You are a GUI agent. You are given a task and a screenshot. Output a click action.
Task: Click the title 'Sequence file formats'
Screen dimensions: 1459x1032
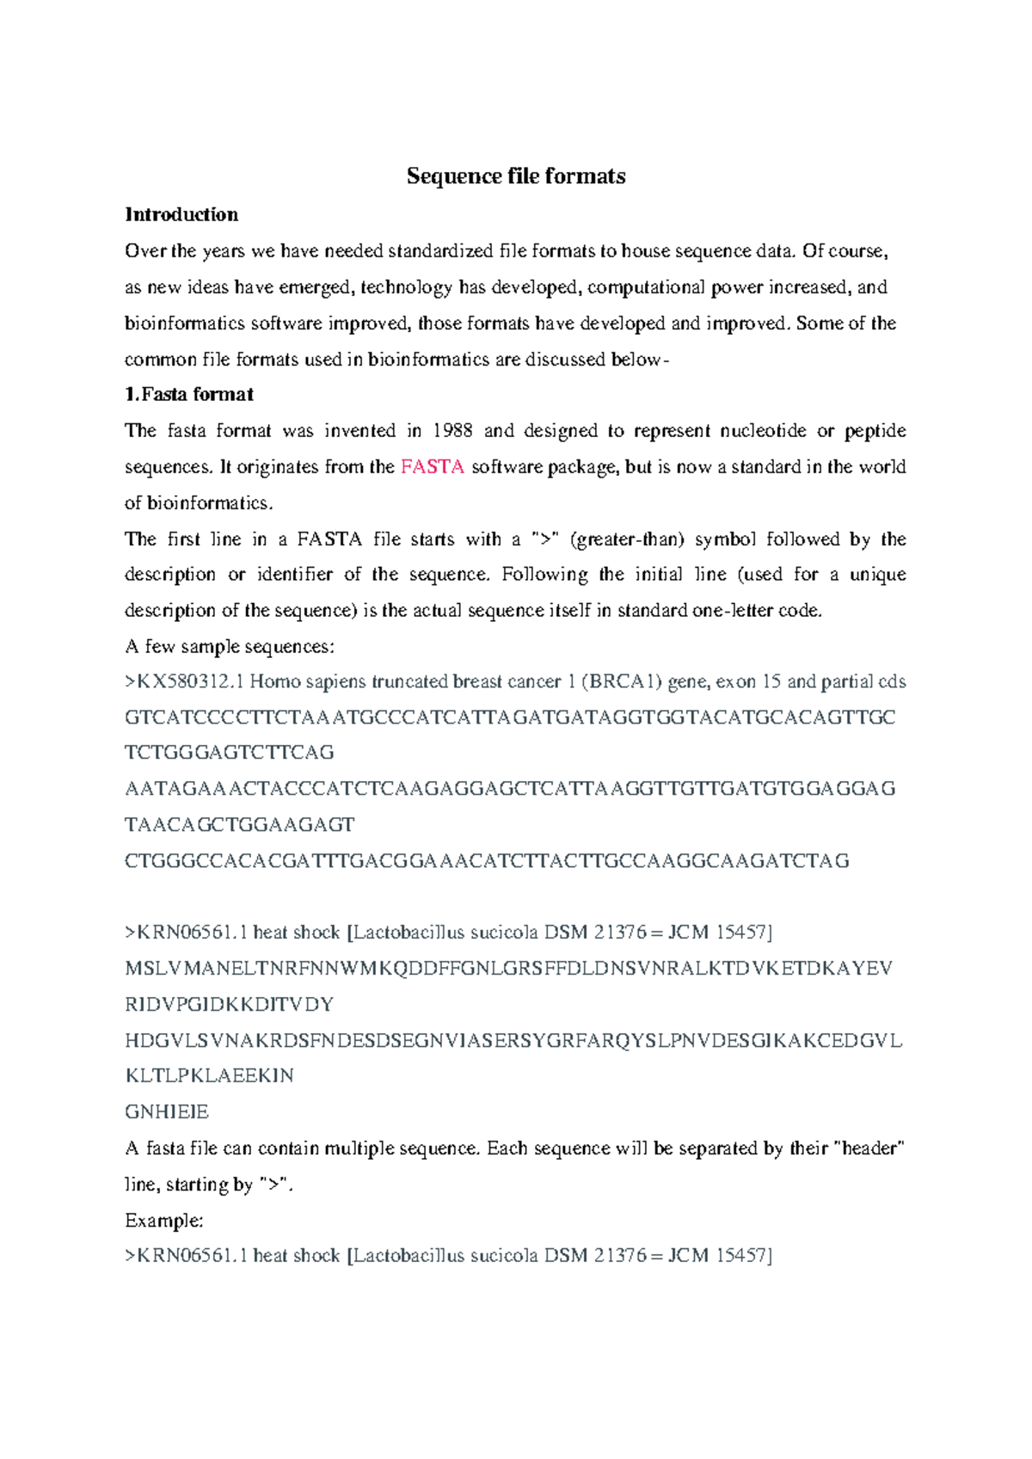click(516, 176)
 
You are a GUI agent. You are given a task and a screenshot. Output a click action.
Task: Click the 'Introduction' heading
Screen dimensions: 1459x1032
click(181, 214)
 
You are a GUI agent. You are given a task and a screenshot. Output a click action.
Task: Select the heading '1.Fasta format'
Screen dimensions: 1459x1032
click(189, 395)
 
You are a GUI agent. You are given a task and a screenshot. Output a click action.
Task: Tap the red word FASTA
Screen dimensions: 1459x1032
click(433, 467)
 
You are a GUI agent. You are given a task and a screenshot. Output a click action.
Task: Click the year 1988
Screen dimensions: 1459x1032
click(452, 431)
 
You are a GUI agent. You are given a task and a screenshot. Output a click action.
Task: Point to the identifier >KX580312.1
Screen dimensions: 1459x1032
click(184, 682)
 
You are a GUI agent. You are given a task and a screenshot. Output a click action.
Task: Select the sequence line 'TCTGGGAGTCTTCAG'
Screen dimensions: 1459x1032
click(230, 753)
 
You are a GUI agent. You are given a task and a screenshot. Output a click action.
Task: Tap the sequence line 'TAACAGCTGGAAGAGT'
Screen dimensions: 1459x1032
click(240, 825)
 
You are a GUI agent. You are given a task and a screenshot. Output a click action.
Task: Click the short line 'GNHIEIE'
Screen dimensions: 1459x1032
click(167, 1112)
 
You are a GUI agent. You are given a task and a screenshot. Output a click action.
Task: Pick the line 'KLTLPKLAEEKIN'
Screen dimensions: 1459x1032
click(210, 1076)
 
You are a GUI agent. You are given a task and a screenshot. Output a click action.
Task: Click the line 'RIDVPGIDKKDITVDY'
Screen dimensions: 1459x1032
click(230, 1005)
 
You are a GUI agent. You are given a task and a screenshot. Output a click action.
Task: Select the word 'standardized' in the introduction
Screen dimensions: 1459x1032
click(440, 251)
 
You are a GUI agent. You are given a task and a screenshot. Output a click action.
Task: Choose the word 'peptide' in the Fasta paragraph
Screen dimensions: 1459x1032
click(875, 431)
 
